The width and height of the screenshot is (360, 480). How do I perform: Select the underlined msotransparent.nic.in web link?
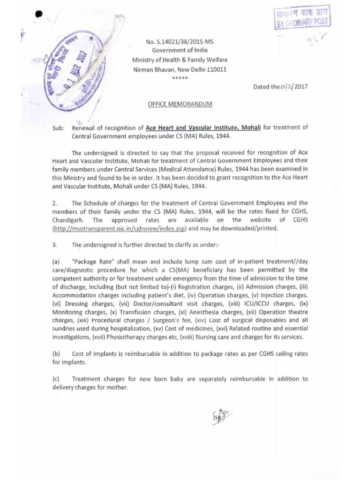120,228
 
